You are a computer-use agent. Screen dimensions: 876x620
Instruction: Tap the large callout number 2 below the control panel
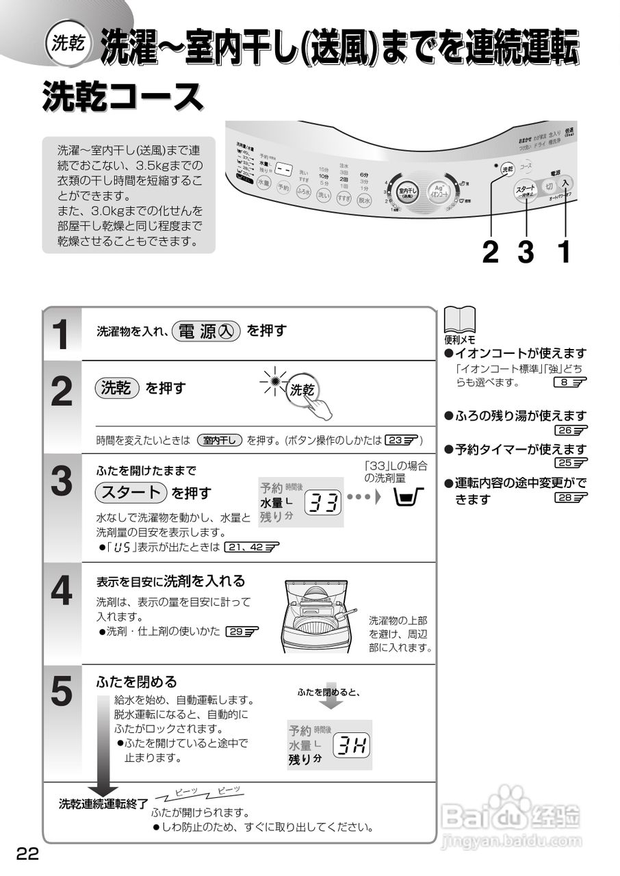[490, 252]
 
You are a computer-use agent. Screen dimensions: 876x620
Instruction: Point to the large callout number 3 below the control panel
[526, 252]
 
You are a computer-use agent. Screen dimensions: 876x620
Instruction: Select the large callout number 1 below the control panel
[564, 252]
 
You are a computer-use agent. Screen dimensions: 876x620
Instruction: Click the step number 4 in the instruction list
[62, 592]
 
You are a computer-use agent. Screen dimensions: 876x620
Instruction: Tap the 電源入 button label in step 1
[206, 331]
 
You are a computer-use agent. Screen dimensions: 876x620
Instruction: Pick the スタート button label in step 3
[131, 492]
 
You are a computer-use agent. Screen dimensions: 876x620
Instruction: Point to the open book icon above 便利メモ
[458, 320]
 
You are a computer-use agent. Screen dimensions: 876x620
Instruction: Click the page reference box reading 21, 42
[251, 547]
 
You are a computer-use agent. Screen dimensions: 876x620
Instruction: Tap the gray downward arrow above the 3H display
[330, 695]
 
